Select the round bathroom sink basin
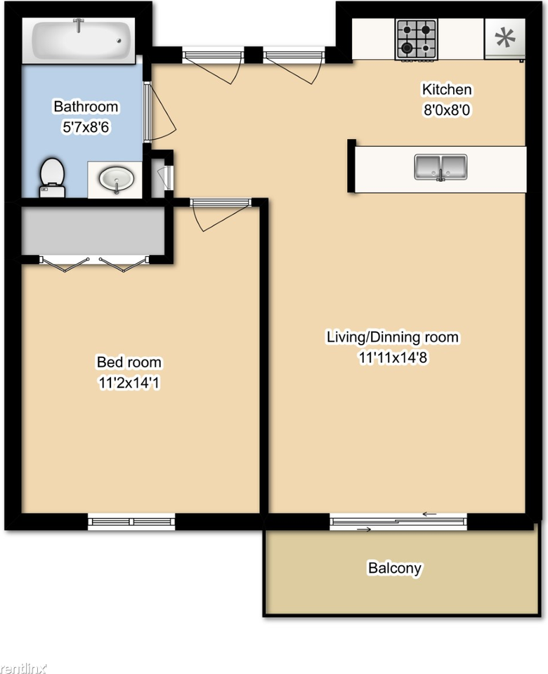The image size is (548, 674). tap(115, 179)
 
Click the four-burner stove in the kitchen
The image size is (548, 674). tap(416, 39)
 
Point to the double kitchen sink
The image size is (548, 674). tap(441, 167)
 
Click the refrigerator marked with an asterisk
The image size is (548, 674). tap(504, 38)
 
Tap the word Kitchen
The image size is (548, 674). tap(446, 90)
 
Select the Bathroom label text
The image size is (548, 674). tap(86, 107)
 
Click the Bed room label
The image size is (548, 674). tap(129, 363)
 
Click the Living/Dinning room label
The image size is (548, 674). tap(392, 338)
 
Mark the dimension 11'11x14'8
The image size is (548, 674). tap(392, 357)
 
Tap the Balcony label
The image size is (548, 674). tap(395, 568)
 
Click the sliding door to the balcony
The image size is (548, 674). tap(398, 521)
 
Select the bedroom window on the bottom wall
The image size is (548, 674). tap(131, 522)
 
